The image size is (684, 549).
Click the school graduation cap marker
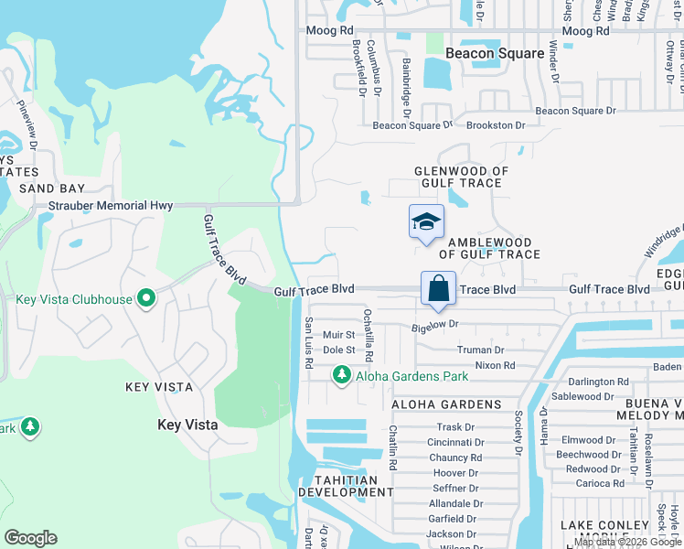(x=426, y=222)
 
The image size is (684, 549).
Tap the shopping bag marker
(x=438, y=289)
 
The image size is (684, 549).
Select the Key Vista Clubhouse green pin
(x=145, y=299)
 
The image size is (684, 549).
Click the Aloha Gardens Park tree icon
(x=341, y=375)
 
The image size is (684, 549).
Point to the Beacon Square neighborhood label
(x=495, y=53)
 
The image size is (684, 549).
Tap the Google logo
(x=30, y=538)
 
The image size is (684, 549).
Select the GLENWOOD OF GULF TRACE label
(x=461, y=177)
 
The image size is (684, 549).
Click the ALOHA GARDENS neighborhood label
(x=446, y=404)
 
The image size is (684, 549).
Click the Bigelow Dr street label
(x=435, y=325)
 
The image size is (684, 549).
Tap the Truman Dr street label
(x=480, y=350)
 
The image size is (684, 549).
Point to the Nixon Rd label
(x=495, y=365)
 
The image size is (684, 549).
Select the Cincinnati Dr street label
(x=454, y=442)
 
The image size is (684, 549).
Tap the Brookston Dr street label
(x=496, y=125)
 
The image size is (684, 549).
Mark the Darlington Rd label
(x=597, y=382)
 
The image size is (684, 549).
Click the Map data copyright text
(x=628, y=542)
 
